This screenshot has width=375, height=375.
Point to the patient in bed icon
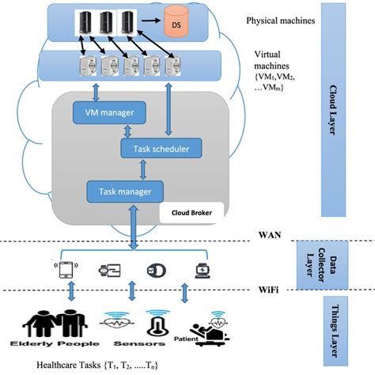(206, 327)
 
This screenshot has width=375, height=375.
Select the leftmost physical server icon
(85, 23)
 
